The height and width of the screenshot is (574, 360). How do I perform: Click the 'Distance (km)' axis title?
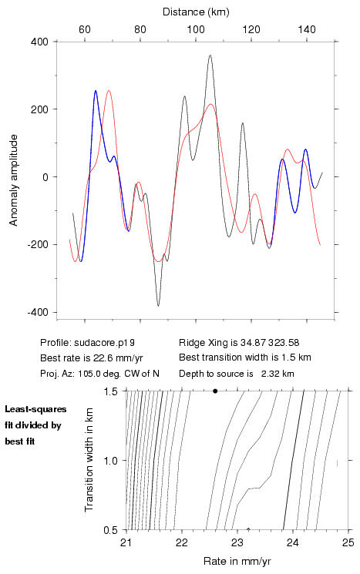pyautogui.click(x=196, y=12)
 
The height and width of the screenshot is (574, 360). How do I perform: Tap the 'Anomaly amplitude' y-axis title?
pyautogui.click(x=14, y=180)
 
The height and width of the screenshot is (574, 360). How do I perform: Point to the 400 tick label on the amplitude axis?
pyautogui.click(x=39, y=42)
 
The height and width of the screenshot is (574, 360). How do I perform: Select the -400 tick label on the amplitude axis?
pyautogui.click(x=38, y=312)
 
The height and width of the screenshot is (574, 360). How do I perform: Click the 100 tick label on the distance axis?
pyautogui.click(x=196, y=29)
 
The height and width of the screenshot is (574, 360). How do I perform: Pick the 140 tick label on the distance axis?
pyautogui.click(x=307, y=29)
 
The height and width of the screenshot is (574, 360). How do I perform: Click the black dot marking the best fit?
pyautogui.click(x=215, y=391)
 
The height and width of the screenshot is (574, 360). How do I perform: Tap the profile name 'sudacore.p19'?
pyautogui.click(x=104, y=343)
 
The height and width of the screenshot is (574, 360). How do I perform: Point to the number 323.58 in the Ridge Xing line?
pyautogui.click(x=284, y=343)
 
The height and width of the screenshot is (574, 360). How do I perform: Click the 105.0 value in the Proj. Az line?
pyautogui.click(x=88, y=374)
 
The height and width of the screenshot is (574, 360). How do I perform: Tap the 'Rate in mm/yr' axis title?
pyautogui.click(x=237, y=561)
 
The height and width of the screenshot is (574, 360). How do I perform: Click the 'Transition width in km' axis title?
pyautogui.click(x=89, y=460)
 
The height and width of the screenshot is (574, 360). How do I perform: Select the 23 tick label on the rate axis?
pyautogui.click(x=237, y=542)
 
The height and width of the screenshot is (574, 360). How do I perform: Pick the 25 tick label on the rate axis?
pyautogui.click(x=348, y=542)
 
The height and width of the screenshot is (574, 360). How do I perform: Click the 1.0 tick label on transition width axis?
pyautogui.click(x=110, y=461)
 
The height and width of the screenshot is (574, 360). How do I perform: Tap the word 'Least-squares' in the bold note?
pyautogui.click(x=35, y=409)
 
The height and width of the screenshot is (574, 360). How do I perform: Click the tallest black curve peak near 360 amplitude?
pyautogui.click(x=210, y=55)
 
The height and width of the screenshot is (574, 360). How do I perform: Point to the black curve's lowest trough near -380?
pyautogui.click(x=158, y=305)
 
